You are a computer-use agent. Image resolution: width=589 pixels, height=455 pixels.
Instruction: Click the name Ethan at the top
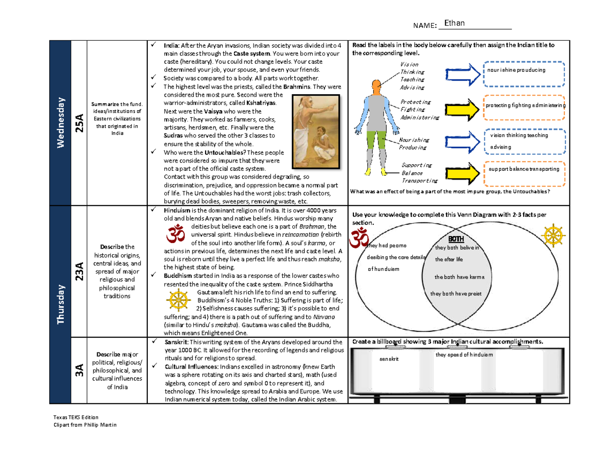(x=454, y=24)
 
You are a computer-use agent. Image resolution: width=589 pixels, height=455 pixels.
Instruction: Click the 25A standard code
(x=79, y=123)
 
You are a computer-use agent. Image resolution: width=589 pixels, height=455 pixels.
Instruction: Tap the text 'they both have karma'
(x=459, y=277)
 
